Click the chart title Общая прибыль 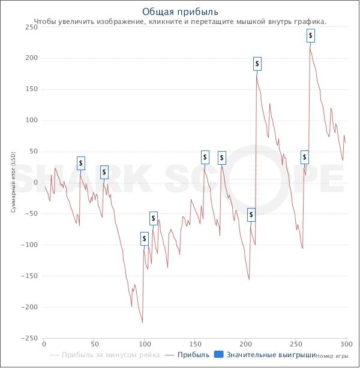[x=180, y=11]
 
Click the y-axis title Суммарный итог [x=13, y=183]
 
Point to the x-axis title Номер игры [x=332, y=355]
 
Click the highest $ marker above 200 [x=310, y=36]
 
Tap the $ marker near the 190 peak [x=257, y=64]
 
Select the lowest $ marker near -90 [x=145, y=239]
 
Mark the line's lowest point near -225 [x=142, y=322]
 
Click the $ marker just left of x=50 [x=81, y=163]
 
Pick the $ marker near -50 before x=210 [x=251, y=215]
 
